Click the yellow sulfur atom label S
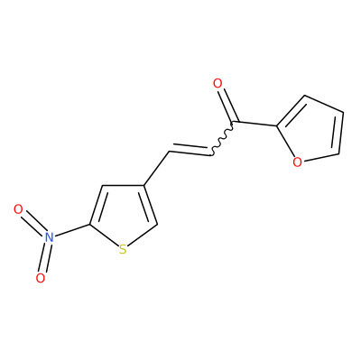tap(123, 250)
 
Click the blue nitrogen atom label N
tap(49, 237)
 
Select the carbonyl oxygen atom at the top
tap(218, 84)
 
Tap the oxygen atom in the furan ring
tap(297, 162)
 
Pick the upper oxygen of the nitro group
tap(18, 209)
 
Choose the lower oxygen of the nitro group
tap(41, 278)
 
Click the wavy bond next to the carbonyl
tap(222, 139)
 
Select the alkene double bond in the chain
tap(190, 150)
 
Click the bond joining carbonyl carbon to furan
tap(255, 124)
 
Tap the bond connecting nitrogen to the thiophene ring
tap(71, 230)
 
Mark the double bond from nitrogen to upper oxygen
tap(33, 223)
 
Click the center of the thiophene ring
tap(123, 215)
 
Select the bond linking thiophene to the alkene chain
tap(156, 168)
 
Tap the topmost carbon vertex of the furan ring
tap(304, 96)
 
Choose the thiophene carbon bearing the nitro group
tap(89, 224)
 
